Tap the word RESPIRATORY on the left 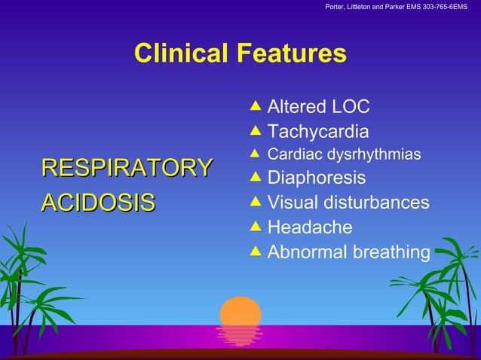pos(127,168)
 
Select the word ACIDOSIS pos(98,202)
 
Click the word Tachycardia pos(318,133)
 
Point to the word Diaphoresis pos(317,178)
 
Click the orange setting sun pos(240,312)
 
